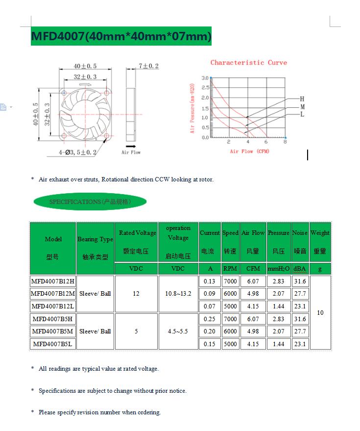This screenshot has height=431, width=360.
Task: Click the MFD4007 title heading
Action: click(x=121, y=36)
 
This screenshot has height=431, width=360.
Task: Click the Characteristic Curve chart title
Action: click(x=249, y=63)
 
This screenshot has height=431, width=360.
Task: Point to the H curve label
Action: click(x=302, y=99)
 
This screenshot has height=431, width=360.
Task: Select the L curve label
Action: click(x=302, y=114)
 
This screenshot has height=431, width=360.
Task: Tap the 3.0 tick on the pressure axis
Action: click(x=205, y=78)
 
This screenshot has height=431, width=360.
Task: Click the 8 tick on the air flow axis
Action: click(x=285, y=142)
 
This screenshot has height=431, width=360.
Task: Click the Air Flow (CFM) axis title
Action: click(x=249, y=152)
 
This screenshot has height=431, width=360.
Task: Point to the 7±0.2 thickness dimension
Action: click(x=148, y=66)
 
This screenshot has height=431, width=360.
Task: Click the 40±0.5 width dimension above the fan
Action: click(x=85, y=66)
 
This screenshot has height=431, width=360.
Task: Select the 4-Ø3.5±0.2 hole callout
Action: click(x=78, y=152)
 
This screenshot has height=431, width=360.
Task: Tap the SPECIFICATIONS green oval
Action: click(x=90, y=202)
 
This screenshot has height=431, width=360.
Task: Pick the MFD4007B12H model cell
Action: click(x=53, y=281)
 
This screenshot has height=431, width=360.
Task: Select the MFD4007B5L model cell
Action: click(x=53, y=344)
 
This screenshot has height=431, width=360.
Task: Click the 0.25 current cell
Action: click(x=209, y=319)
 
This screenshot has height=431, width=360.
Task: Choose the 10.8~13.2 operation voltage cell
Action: click(x=178, y=294)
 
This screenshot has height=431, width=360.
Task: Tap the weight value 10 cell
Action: click(x=320, y=312)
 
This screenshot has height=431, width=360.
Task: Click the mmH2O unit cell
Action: click(x=278, y=269)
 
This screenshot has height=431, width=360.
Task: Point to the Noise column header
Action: click(x=300, y=242)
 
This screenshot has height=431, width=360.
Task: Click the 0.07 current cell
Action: click(x=209, y=306)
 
